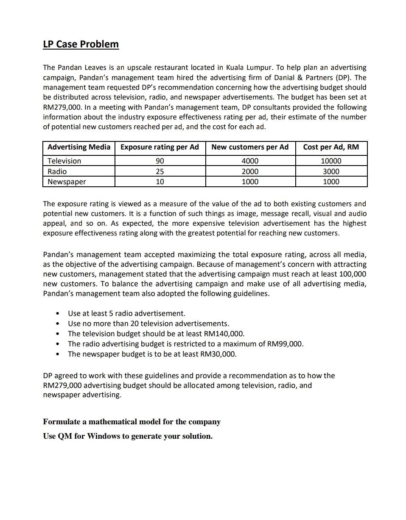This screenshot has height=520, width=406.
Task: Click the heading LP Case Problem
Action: (81, 44)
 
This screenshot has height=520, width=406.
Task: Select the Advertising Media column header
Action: (79, 147)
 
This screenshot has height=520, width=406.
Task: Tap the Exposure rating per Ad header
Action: (160, 147)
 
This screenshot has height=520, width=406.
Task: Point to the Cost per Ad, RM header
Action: (331, 147)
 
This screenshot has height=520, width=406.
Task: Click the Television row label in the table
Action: (64, 161)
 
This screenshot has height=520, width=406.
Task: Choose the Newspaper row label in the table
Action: (67, 182)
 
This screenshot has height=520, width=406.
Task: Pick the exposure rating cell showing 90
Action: (160, 161)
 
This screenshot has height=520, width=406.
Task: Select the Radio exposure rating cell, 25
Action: (160, 171)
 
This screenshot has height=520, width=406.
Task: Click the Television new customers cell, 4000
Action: (250, 161)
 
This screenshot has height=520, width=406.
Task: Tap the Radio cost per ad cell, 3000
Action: (331, 171)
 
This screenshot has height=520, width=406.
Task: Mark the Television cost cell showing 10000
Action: (331, 161)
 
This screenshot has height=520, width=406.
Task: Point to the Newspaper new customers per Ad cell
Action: (250, 182)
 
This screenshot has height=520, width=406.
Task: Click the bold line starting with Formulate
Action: (132, 422)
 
